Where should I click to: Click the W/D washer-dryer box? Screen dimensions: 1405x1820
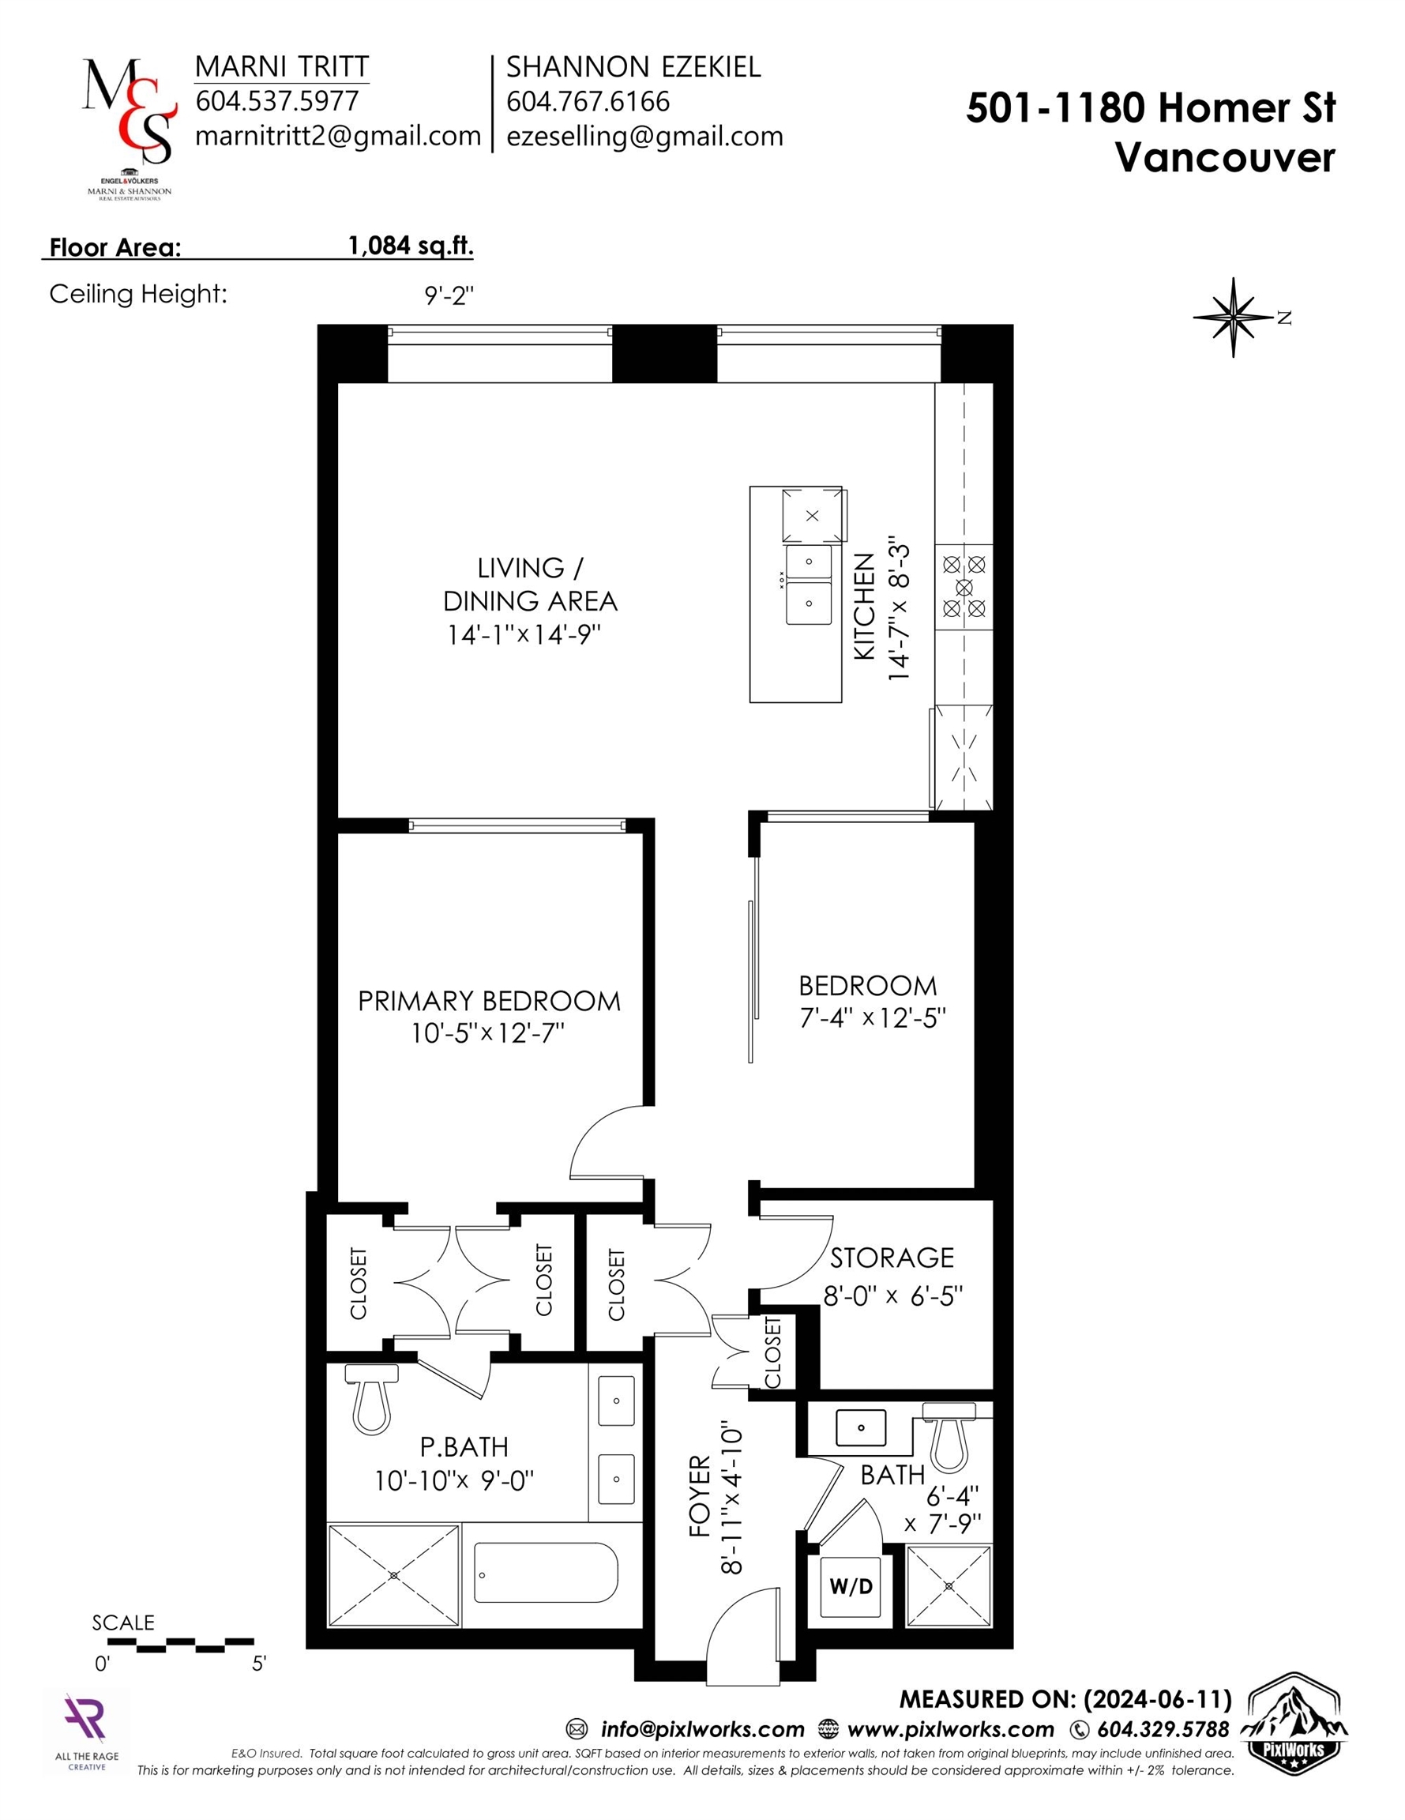pos(851,1586)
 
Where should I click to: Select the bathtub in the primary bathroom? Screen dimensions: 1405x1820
pos(546,1572)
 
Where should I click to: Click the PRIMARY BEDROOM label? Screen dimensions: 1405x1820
pos(489,1001)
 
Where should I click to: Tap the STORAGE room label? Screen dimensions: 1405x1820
pos(892,1258)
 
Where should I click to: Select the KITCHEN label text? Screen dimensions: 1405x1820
pos(865,607)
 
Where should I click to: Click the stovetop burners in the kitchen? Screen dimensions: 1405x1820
pos(964,588)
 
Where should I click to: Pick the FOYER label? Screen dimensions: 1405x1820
pos(699,1496)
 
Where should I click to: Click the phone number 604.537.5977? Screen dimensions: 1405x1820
pos(276,101)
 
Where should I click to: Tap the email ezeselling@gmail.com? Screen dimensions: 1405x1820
pos(645,136)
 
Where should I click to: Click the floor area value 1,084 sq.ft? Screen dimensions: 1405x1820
pos(411,245)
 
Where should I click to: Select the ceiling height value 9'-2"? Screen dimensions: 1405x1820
pos(449,294)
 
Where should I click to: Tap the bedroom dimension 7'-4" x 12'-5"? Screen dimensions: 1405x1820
pos(873,1017)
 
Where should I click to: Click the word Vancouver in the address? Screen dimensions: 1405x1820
pos(1225,156)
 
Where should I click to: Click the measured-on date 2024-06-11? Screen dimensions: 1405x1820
pos(1158,1698)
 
